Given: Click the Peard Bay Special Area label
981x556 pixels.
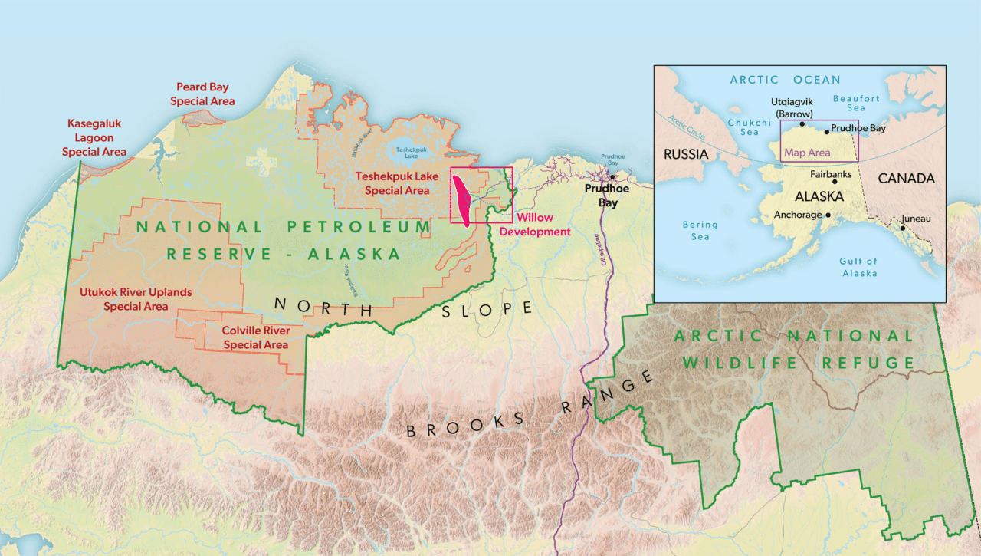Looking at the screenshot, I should (202, 94).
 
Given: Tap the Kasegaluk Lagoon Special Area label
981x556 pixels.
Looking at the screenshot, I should (94, 137).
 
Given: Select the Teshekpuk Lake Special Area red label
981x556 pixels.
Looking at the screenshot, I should (397, 183).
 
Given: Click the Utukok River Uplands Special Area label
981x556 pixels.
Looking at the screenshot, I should (136, 299).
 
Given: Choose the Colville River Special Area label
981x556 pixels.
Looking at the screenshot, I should (256, 338).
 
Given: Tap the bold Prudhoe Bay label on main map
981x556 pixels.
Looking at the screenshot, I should (607, 196).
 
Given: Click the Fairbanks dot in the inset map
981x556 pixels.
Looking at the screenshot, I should (835, 182).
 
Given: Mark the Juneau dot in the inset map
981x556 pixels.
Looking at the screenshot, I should (903, 228).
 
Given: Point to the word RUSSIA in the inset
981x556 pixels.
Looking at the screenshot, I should (686, 154).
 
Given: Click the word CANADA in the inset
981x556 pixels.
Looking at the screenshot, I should (907, 178).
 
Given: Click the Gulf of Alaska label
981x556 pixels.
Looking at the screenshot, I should (858, 267).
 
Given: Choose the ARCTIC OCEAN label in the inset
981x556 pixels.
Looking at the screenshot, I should (785, 80).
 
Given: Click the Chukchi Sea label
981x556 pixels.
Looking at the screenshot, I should (749, 127).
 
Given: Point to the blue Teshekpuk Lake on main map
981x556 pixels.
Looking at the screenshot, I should (406, 154).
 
